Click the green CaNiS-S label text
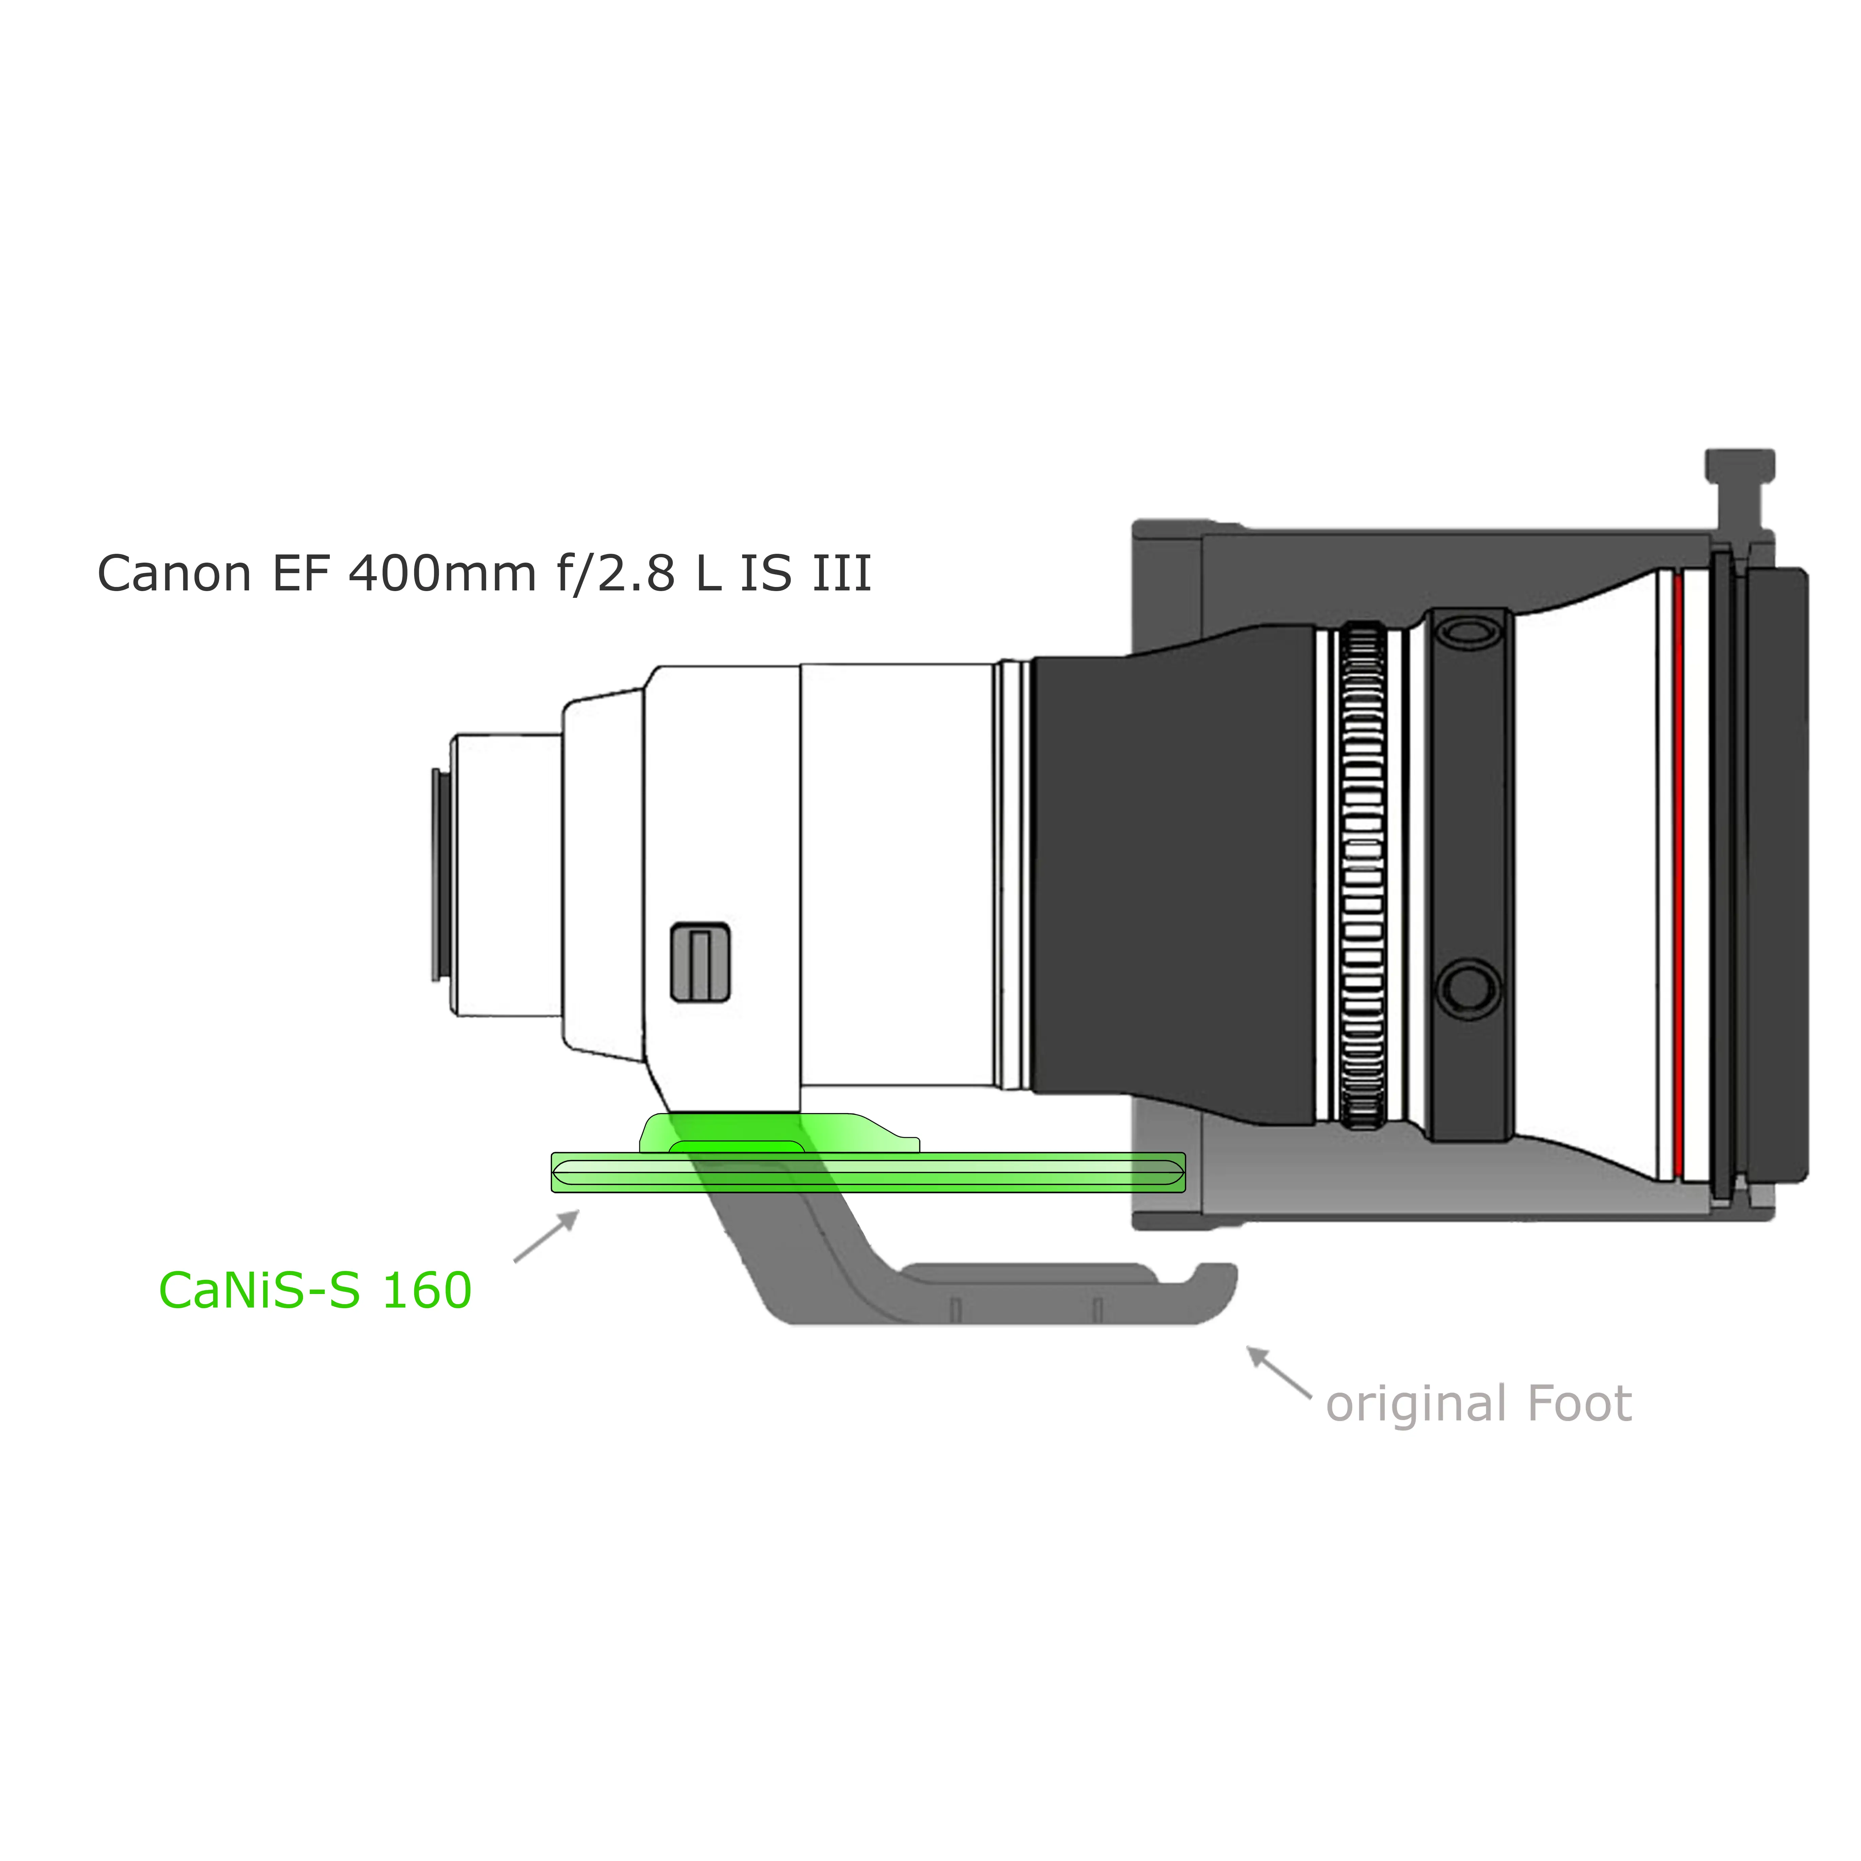point(260,1291)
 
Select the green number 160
point(427,1291)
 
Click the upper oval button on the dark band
point(1469,632)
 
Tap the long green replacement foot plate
point(868,1172)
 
